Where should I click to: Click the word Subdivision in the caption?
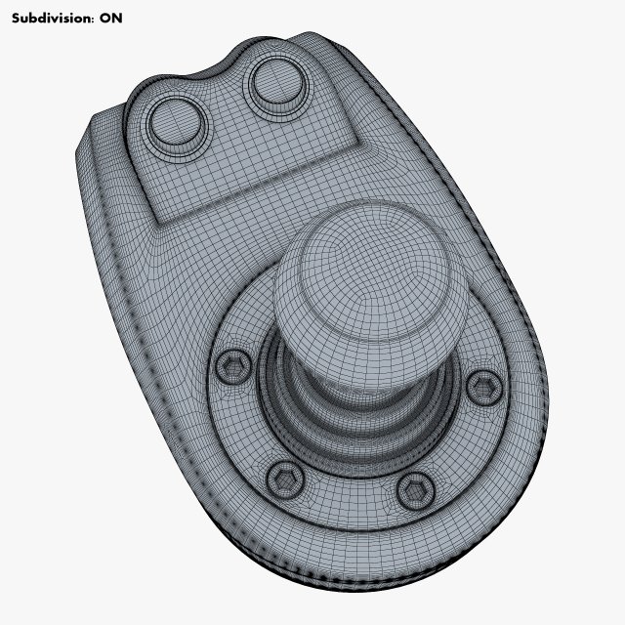[x=50, y=18]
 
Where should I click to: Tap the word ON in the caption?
[x=111, y=18]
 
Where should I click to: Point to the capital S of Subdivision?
[x=16, y=18]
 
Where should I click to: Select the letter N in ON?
[x=117, y=18]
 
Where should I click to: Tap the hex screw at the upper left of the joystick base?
[x=231, y=366]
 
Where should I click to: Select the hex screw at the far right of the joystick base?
[x=482, y=388]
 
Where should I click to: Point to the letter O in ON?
[x=105, y=18]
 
